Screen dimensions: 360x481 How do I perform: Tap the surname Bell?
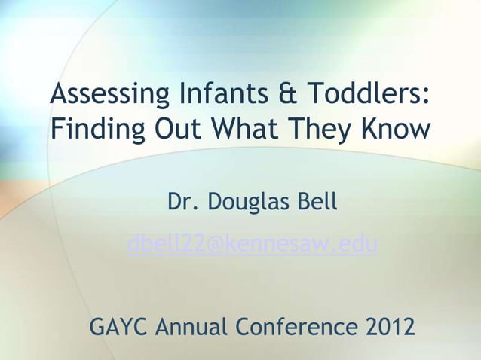pyautogui.click(x=317, y=203)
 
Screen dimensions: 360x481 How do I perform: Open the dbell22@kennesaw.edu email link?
pyautogui.click(x=253, y=245)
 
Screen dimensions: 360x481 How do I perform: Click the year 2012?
pyautogui.click(x=388, y=328)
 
